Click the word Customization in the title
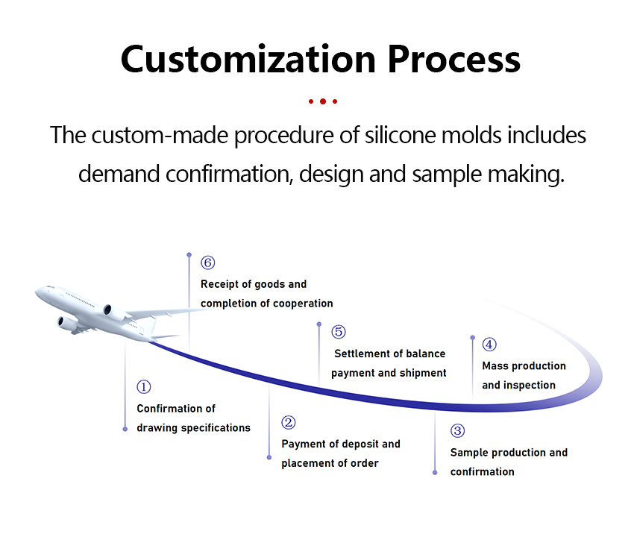click(x=246, y=59)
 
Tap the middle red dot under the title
click(x=322, y=101)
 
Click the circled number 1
click(x=144, y=387)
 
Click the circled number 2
click(x=289, y=423)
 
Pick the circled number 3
click(x=457, y=431)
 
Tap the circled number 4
click(x=489, y=345)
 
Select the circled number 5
click(x=339, y=333)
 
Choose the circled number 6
click(x=208, y=263)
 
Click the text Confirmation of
click(x=176, y=409)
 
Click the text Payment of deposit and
click(x=341, y=444)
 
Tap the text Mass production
click(x=524, y=366)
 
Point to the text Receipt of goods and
click(x=254, y=284)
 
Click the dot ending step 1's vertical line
click(x=125, y=429)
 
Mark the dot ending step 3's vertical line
click(x=435, y=472)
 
